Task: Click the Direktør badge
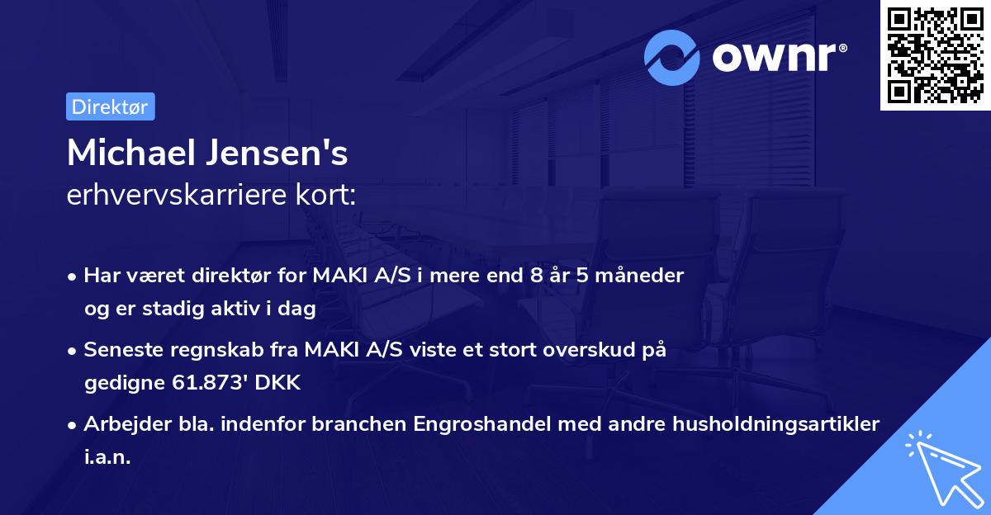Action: (x=111, y=106)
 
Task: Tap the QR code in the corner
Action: (x=935, y=55)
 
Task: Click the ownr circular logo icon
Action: (x=672, y=57)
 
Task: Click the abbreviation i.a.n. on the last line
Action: (x=107, y=456)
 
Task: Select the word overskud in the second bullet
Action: (x=590, y=350)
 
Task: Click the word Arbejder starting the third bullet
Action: (x=124, y=424)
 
